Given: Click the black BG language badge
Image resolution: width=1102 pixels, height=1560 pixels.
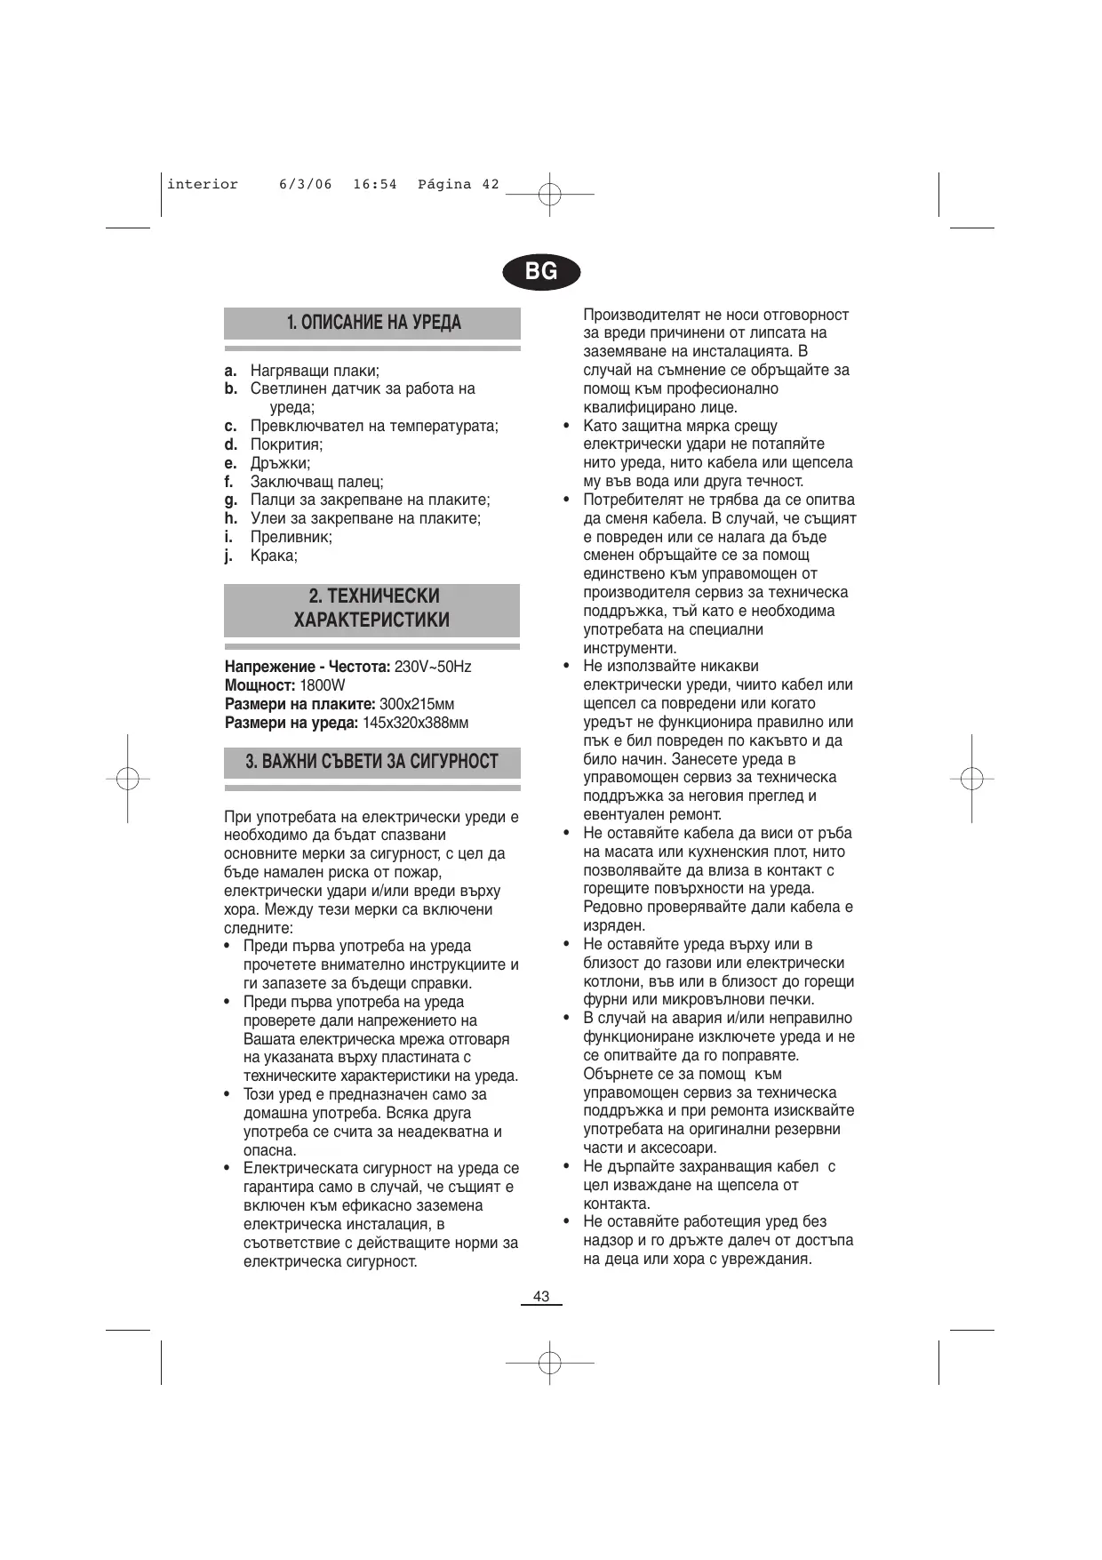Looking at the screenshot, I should (540, 271).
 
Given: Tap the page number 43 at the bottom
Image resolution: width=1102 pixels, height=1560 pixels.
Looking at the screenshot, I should (541, 1296).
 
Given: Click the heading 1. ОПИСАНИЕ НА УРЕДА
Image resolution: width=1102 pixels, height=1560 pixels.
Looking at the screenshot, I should (373, 322).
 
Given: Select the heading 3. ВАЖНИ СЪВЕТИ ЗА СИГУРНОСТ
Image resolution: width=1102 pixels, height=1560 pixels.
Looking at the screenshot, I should (371, 762).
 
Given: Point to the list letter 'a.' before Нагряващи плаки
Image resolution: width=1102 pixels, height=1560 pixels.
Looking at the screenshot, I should (230, 371).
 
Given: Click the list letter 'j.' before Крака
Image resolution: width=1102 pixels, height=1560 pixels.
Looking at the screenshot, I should (228, 556).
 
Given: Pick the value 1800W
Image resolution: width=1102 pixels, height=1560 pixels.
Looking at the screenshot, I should (323, 685).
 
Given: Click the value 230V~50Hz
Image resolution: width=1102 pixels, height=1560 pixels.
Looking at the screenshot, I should (433, 667).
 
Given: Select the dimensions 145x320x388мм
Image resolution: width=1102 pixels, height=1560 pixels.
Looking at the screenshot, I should (415, 723).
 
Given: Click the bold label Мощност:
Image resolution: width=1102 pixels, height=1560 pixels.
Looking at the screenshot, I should (260, 685).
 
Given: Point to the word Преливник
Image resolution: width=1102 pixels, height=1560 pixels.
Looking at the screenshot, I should (291, 538).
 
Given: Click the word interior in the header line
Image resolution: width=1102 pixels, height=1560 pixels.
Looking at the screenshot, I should (203, 185).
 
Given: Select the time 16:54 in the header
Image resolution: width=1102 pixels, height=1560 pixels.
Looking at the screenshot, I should (374, 185).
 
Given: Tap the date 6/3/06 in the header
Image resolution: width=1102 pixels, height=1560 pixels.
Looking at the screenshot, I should (305, 185).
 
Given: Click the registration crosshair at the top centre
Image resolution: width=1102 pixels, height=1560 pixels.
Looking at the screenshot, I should (550, 193).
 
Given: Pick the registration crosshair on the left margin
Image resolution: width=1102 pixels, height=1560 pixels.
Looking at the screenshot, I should (127, 778).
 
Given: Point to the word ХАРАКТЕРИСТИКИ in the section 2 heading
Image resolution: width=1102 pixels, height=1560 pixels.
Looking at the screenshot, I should (371, 620).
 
